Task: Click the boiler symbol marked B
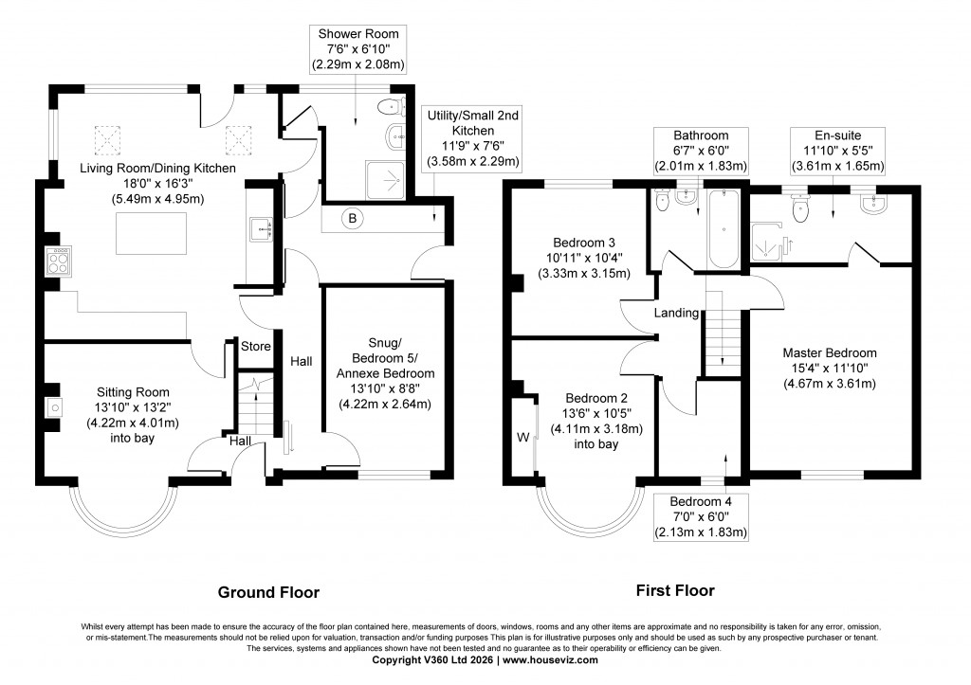(353, 219)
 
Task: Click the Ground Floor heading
(268, 592)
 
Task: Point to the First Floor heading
(675, 590)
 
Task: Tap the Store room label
(256, 346)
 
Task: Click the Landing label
(676, 313)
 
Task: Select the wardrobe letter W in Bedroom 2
(522, 437)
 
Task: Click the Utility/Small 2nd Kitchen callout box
(472, 138)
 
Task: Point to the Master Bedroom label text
(830, 352)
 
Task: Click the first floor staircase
(723, 332)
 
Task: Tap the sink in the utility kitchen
(260, 227)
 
